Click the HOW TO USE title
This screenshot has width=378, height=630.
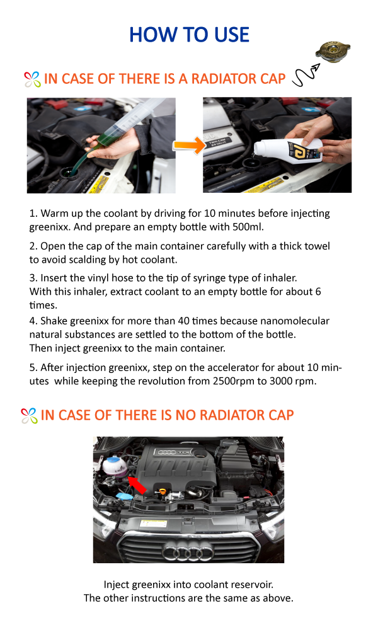click(189, 35)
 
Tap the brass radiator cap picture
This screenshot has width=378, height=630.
click(332, 52)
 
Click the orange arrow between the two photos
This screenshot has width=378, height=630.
click(189, 146)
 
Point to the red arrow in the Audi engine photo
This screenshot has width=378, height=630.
click(137, 484)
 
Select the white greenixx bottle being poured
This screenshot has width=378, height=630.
click(289, 151)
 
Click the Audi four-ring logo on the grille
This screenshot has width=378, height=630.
click(187, 553)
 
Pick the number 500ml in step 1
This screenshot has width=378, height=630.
click(248, 227)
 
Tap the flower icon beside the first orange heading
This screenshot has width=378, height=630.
click(32, 79)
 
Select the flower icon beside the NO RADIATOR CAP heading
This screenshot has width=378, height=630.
click(29, 416)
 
